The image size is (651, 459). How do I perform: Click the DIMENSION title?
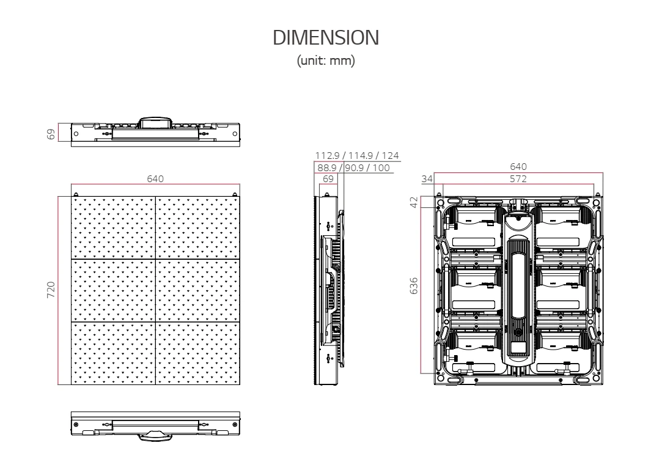(325, 39)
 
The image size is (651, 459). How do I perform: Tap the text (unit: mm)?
(325, 62)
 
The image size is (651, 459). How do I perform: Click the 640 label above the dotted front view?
(155, 178)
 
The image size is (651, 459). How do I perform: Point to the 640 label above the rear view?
(518, 167)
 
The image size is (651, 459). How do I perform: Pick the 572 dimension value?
(518, 178)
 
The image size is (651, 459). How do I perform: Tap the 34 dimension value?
(427, 178)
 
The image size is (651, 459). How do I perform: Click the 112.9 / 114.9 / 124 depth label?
(357, 156)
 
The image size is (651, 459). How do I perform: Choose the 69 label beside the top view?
(52, 133)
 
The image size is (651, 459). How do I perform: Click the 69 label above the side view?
(328, 178)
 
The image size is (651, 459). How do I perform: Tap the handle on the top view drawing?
(155, 122)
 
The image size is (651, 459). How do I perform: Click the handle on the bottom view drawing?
(155, 435)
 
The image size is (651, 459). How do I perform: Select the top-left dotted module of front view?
(114, 228)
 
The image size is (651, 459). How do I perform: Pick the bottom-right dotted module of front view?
(197, 353)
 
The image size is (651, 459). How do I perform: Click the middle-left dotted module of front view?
(114, 290)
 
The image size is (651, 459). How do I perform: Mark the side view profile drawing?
(329, 290)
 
